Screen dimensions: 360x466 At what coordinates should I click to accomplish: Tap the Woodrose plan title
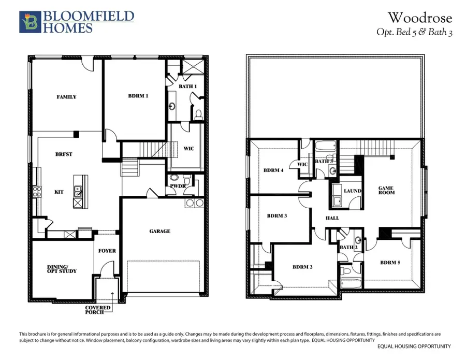[x=419, y=18]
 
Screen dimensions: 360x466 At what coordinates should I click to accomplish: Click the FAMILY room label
[x=66, y=97]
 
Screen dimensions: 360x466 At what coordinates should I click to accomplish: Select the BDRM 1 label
[x=138, y=96]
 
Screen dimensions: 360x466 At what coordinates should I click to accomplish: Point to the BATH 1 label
[x=187, y=87]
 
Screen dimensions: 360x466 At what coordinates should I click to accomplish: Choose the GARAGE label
[x=159, y=231]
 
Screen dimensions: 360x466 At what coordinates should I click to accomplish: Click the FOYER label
[x=107, y=251]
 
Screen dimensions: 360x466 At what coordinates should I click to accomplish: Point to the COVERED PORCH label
[x=98, y=310]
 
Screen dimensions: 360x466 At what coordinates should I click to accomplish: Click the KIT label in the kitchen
[x=59, y=191]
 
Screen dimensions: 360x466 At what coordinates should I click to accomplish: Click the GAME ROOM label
[x=386, y=191]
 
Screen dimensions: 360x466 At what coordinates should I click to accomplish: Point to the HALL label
[x=332, y=218]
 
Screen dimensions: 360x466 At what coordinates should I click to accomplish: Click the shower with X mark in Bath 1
[x=188, y=68]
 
